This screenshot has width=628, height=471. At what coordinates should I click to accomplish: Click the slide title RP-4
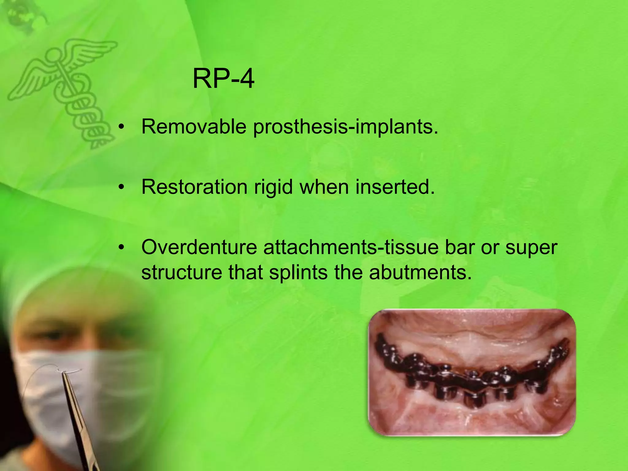click(x=223, y=79)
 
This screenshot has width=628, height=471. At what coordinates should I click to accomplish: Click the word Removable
click(x=194, y=126)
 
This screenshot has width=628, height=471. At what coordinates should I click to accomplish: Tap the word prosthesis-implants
click(x=346, y=127)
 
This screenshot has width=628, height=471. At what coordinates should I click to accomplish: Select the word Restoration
click(x=194, y=187)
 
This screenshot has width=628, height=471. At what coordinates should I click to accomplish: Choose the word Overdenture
click(x=199, y=247)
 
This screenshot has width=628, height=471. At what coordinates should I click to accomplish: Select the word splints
click(x=298, y=272)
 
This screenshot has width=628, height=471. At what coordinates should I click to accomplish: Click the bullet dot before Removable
click(x=122, y=127)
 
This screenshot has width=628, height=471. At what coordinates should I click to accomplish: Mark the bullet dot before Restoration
click(x=122, y=187)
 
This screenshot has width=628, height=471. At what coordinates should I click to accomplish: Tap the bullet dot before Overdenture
click(x=122, y=247)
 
